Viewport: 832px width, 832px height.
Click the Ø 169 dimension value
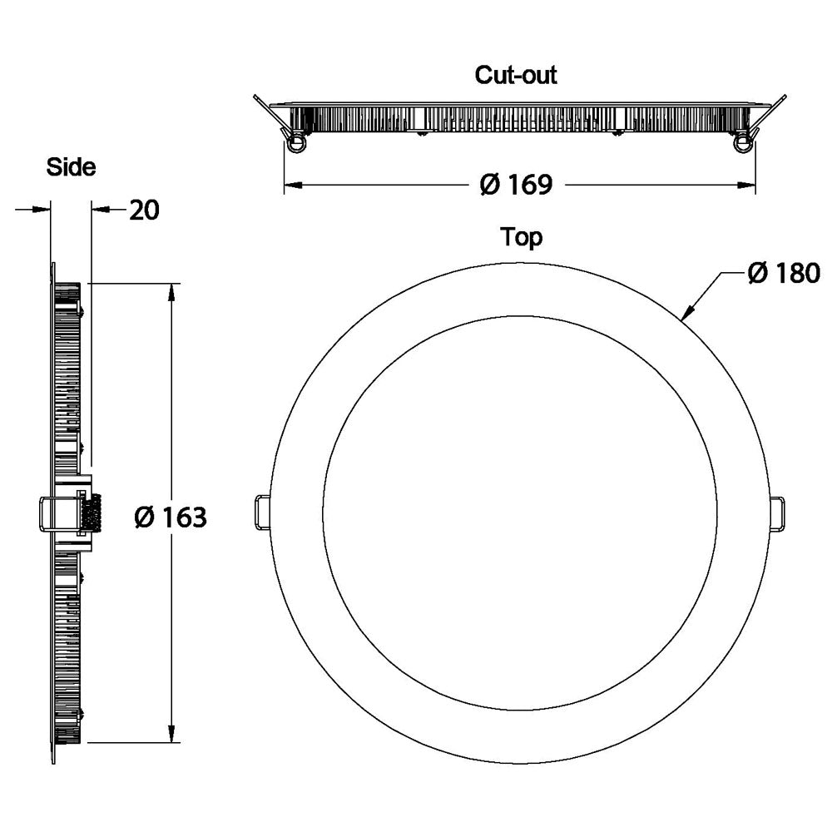[516, 184]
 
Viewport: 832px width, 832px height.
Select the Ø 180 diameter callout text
[783, 273]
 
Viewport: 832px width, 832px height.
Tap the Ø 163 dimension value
[170, 517]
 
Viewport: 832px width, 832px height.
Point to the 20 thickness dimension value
[143, 210]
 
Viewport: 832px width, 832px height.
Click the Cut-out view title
[515, 75]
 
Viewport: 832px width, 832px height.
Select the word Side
[71, 167]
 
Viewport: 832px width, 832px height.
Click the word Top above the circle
[521, 237]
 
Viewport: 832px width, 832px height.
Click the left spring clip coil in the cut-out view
[295, 144]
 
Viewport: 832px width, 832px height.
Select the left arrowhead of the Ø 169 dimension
[291, 184]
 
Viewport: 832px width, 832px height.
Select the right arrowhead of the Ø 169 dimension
[748, 184]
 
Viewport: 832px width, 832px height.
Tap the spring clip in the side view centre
[71, 513]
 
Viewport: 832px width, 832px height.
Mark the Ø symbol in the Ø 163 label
[144, 517]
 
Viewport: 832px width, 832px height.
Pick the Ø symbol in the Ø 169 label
[489, 184]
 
